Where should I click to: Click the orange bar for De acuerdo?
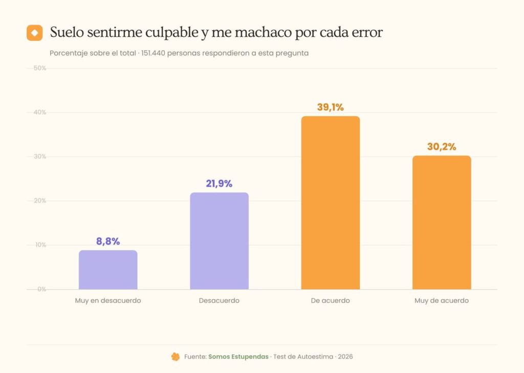tap(331, 203)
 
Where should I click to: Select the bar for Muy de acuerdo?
tap(442, 222)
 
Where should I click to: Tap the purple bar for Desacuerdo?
tap(219, 240)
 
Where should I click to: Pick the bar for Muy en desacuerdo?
tap(108, 270)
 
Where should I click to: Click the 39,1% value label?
tap(330, 107)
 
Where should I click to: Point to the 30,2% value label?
tap(442, 147)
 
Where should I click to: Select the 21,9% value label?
tap(219, 184)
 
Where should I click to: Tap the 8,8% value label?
tap(108, 242)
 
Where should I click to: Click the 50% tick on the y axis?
tap(40, 68)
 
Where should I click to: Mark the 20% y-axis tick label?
tap(40, 201)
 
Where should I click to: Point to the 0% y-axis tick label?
tap(42, 289)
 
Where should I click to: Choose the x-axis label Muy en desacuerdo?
tap(108, 300)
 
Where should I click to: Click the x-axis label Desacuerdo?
tap(219, 300)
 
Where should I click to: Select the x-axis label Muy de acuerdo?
tap(442, 300)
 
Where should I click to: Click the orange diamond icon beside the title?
tap(35, 33)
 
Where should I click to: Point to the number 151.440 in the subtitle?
tap(153, 53)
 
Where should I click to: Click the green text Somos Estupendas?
tap(238, 357)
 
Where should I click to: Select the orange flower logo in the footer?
tap(176, 357)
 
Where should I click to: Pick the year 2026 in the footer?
tap(345, 357)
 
